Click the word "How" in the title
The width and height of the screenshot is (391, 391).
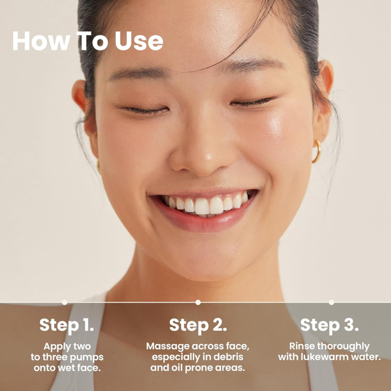click(41, 41)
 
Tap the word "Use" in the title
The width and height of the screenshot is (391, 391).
click(139, 41)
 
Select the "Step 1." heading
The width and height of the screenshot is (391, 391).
click(66, 325)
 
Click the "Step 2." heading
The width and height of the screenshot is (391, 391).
click(198, 325)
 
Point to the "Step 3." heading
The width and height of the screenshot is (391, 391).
click(329, 325)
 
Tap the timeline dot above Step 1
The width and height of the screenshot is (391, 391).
click(65, 302)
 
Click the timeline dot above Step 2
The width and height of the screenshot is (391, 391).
click(198, 302)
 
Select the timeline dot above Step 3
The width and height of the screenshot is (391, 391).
click(332, 302)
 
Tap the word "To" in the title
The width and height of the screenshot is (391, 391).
click(93, 41)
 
